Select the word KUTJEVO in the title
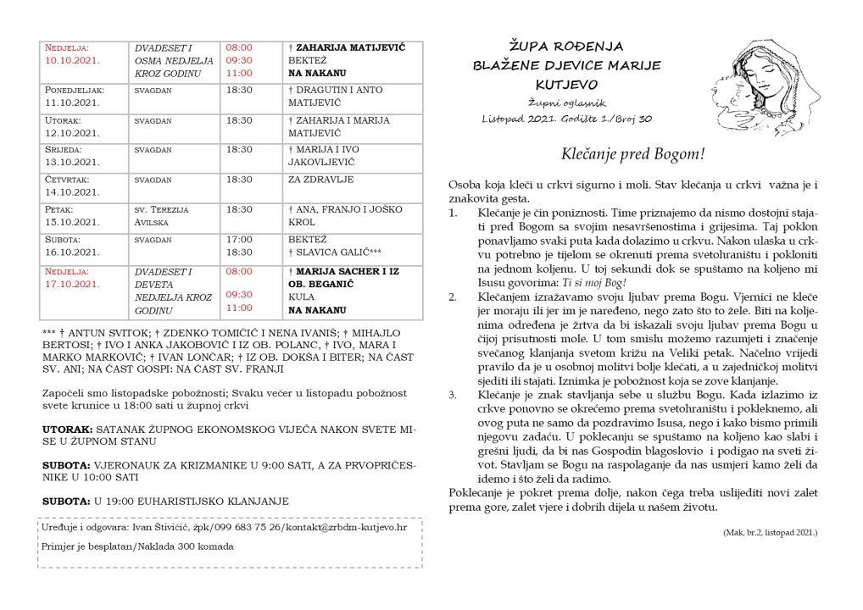(x=567, y=85)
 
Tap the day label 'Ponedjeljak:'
(x=74, y=89)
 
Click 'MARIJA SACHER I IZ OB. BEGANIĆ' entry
(x=343, y=278)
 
